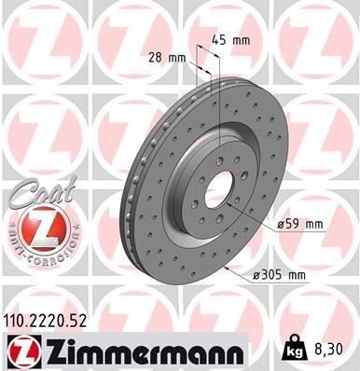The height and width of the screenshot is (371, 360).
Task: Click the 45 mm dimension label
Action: (x=230, y=40)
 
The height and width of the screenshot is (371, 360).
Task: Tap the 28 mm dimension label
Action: (x=167, y=58)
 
